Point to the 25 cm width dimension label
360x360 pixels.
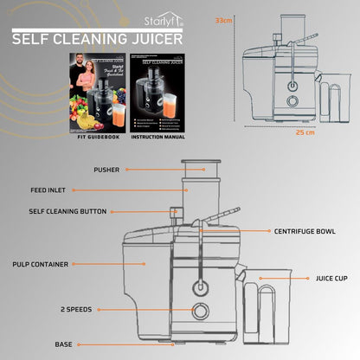coord(305,132)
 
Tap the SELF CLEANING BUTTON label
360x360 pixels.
coord(67,210)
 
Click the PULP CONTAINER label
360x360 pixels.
coord(41,264)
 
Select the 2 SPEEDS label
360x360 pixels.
coord(77,309)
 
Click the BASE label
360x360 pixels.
coord(64,344)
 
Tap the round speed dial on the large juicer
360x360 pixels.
coord(200,312)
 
